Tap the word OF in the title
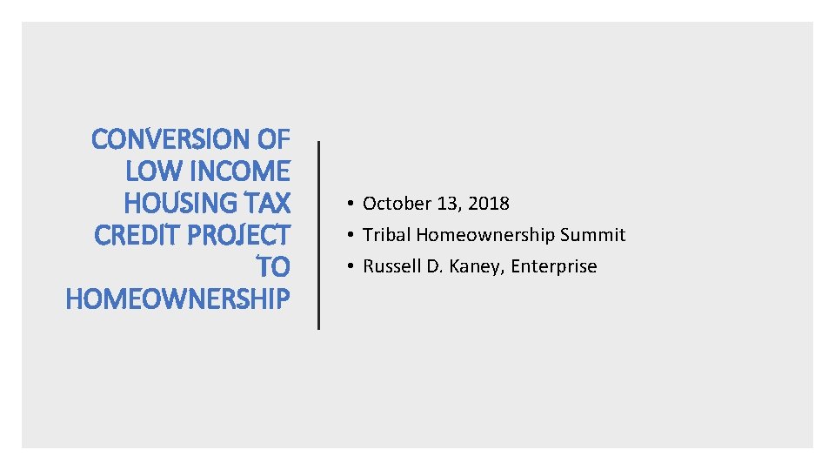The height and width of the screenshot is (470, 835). (x=274, y=139)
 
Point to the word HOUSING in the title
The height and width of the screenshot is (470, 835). (x=177, y=203)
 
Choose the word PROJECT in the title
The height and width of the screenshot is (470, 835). (x=237, y=235)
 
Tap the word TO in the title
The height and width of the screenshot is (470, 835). (x=272, y=267)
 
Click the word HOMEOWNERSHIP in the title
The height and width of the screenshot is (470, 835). (x=177, y=299)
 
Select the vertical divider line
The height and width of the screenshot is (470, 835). (x=319, y=235)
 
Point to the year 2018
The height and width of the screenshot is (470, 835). (x=488, y=204)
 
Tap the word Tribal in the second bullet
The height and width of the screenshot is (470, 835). (x=387, y=235)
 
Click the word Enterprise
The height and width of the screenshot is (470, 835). (x=554, y=266)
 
